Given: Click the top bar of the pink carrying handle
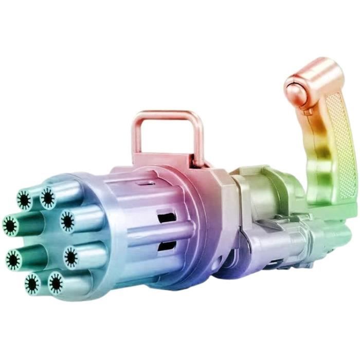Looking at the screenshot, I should pyautogui.click(x=166, y=115).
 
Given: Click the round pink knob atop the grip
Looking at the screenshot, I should pyautogui.click(x=297, y=82).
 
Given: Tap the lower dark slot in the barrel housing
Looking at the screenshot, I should pyautogui.click(x=166, y=247).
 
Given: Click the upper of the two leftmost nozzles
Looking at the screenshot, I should pyautogui.click(x=10, y=225).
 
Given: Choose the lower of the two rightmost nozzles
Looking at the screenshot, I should pyautogui.click(x=70, y=257).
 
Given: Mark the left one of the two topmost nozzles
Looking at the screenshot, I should pyautogui.click(x=24, y=200).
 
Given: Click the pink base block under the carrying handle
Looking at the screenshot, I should pyautogui.click(x=170, y=159).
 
